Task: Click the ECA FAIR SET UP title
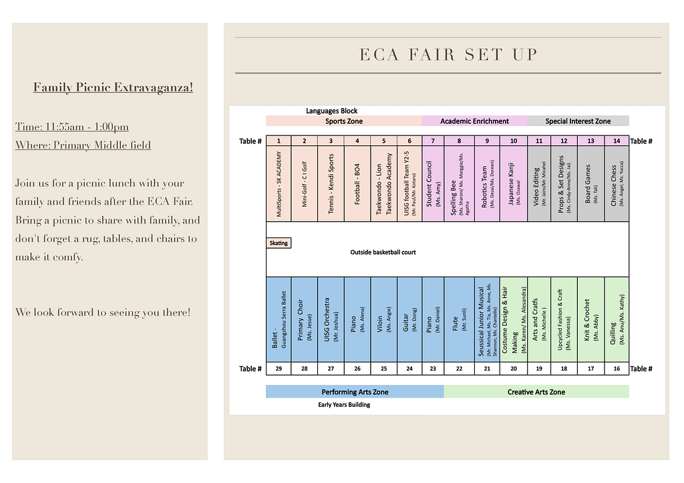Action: (448, 55)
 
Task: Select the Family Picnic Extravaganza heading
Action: (113, 87)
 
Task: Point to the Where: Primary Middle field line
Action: (83, 145)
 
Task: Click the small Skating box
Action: (279, 243)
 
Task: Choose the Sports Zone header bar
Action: (344, 121)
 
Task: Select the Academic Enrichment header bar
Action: (474, 121)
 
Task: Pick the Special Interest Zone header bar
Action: (578, 121)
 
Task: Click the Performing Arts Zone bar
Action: (355, 392)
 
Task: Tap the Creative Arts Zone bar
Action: (536, 392)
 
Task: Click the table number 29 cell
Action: (279, 368)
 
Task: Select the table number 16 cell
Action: (617, 368)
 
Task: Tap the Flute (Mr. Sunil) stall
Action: (458, 320)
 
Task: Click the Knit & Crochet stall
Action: (590, 320)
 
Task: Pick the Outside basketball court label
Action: (383, 252)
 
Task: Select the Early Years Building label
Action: (344, 404)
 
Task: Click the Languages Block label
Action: (331, 111)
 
